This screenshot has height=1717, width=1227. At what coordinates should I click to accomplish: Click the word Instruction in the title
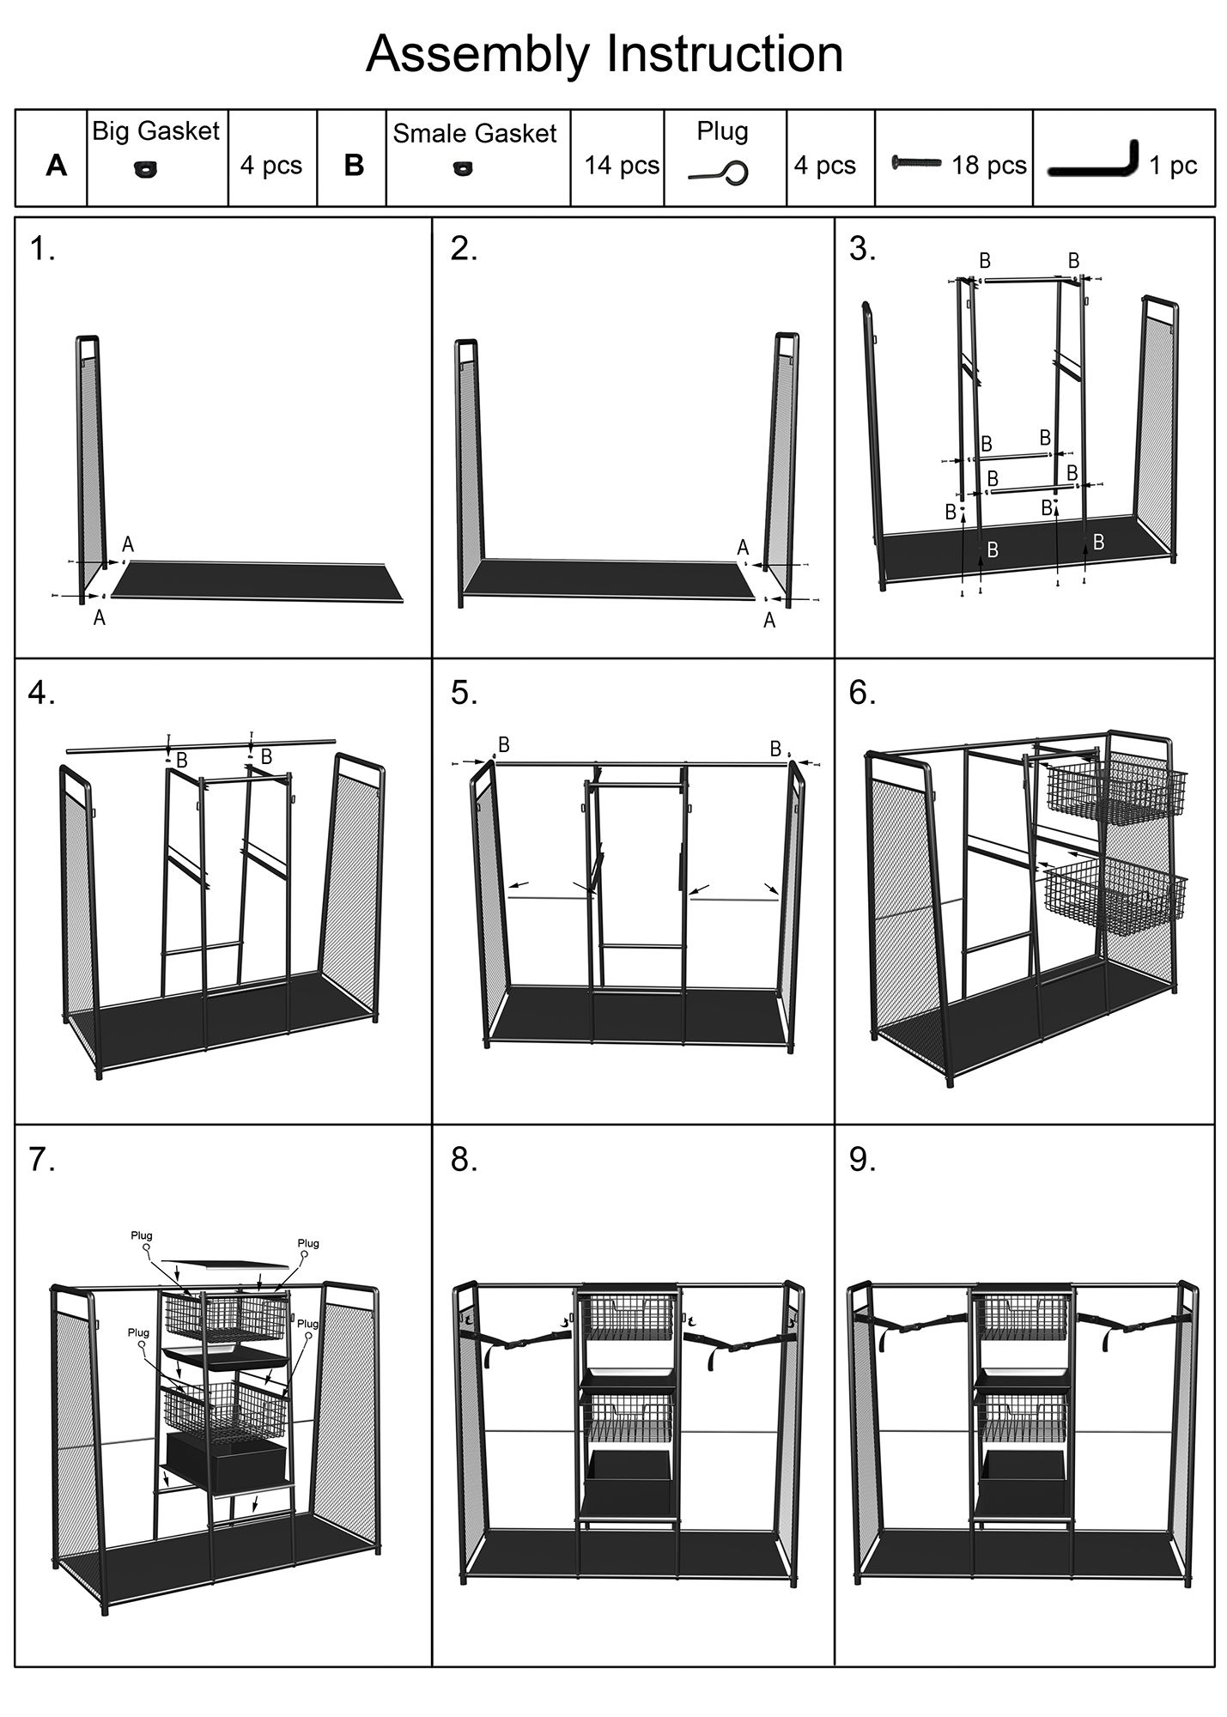point(725,53)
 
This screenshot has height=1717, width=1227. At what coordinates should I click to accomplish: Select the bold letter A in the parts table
point(56,166)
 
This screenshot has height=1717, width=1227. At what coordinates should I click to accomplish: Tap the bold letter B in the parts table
point(354,166)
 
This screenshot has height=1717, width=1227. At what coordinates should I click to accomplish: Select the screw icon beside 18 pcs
point(916,162)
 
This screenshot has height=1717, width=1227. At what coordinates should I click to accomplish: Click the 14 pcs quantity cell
point(622,165)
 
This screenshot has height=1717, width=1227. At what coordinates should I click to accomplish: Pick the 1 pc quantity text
point(1173,165)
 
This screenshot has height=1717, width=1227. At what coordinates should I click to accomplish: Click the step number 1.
point(41,249)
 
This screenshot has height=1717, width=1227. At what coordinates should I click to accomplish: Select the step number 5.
point(464,693)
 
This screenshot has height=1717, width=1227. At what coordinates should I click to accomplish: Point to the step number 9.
point(862,1160)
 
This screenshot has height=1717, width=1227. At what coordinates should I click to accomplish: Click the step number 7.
point(41,1160)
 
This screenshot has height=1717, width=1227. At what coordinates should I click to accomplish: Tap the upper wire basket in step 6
point(1115,787)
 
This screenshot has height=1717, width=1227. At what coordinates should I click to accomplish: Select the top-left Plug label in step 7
point(142,1235)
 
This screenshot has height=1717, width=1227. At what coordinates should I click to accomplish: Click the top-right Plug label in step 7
point(308,1243)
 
